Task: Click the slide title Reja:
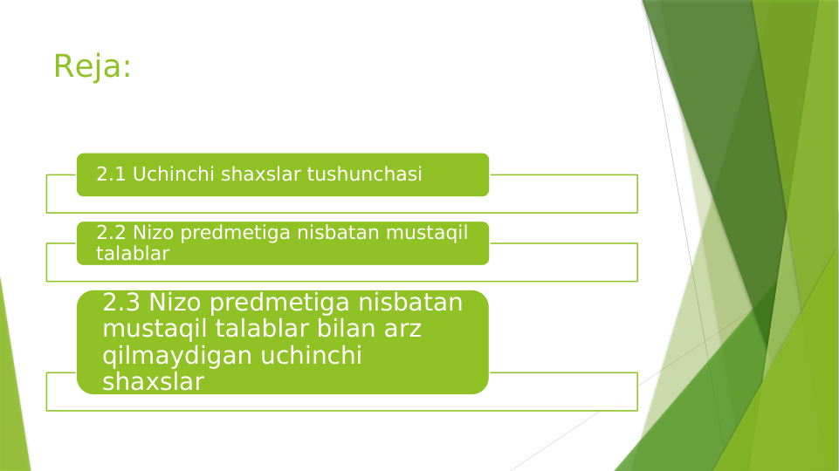click(93, 66)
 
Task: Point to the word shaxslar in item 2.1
click(261, 174)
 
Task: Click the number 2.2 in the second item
click(111, 233)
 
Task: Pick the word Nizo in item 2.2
click(152, 233)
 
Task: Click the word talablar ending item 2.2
click(133, 253)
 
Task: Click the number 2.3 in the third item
click(121, 303)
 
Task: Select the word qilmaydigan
click(176, 356)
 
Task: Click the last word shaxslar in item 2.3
click(153, 382)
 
